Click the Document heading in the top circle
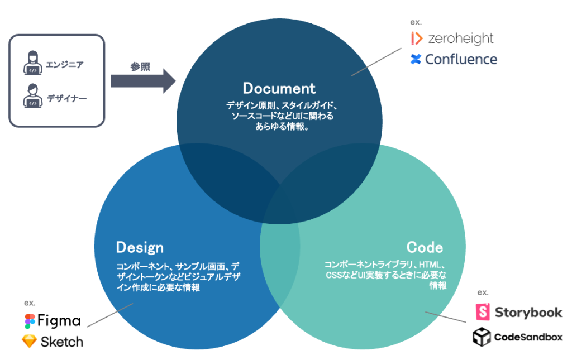pyautogui.click(x=279, y=88)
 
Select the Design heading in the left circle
pyautogui.click(x=140, y=247)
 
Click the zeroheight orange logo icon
pyautogui.click(x=416, y=39)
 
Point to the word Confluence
pyautogui.click(x=461, y=59)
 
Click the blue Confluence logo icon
pyautogui.click(x=416, y=59)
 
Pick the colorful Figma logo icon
pyautogui.click(x=29, y=321)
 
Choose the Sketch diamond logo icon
pyautogui.click(x=29, y=341)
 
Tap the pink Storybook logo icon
pyautogui.click(x=483, y=312)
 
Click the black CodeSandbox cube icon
pyautogui.click(x=482, y=337)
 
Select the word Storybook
pyautogui.click(x=528, y=313)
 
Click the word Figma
pyautogui.click(x=59, y=321)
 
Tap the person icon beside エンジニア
pyautogui.click(x=33, y=63)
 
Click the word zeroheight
pyautogui.click(x=461, y=39)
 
